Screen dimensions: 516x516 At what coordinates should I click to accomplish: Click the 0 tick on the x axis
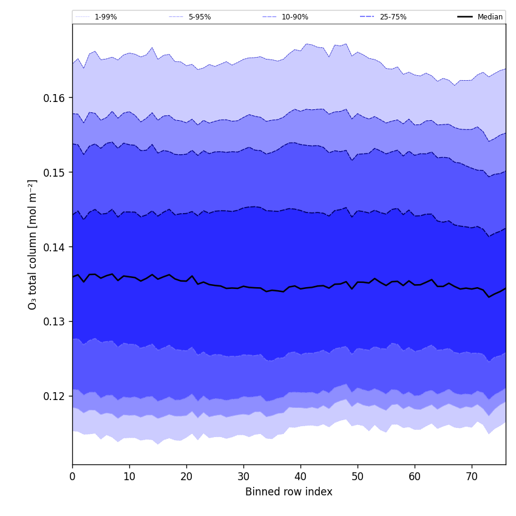[x=72, y=477]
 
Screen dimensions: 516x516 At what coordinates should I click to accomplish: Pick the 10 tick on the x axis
[x=129, y=477]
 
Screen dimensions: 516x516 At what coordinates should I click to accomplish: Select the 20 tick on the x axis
[x=186, y=477]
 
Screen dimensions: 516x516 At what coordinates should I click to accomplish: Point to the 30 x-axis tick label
[x=243, y=477]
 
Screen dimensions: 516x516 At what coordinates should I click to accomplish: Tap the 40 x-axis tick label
[x=300, y=477]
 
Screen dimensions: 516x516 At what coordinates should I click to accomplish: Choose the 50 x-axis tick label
[x=358, y=477]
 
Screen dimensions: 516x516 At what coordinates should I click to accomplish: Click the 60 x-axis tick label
[x=415, y=477]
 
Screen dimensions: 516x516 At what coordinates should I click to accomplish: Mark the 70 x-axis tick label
[x=472, y=477]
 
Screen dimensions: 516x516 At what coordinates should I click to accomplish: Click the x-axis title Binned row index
[x=289, y=492]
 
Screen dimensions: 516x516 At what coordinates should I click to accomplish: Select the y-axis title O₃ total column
[x=33, y=244]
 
